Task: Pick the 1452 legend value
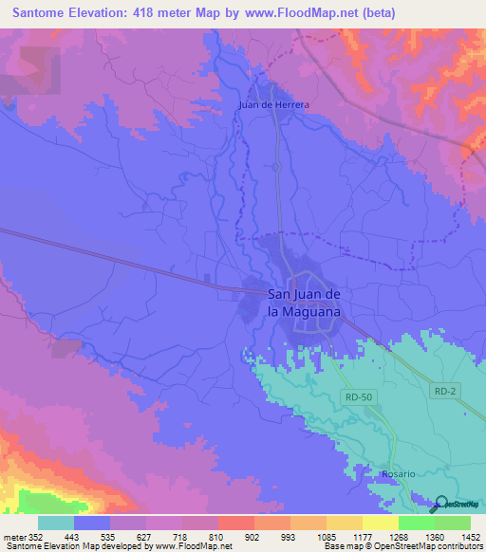click(x=459, y=536)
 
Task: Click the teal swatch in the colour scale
click(x=56, y=523)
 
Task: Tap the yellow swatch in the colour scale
click(x=380, y=523)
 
